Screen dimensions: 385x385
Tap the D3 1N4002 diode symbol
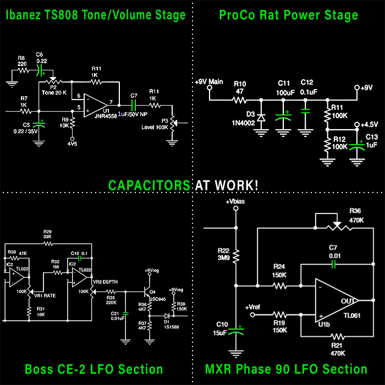coord(261,117)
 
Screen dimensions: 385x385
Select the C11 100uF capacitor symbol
coord(283,115)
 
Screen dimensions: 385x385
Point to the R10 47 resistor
coord(239,100)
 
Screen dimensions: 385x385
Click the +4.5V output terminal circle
coord(356,125)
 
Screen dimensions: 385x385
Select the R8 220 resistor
coord(22,70)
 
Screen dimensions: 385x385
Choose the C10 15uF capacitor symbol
coord(236,331)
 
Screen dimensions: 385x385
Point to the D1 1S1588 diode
coord(165,316)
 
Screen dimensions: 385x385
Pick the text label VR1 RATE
coord(46,296)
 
